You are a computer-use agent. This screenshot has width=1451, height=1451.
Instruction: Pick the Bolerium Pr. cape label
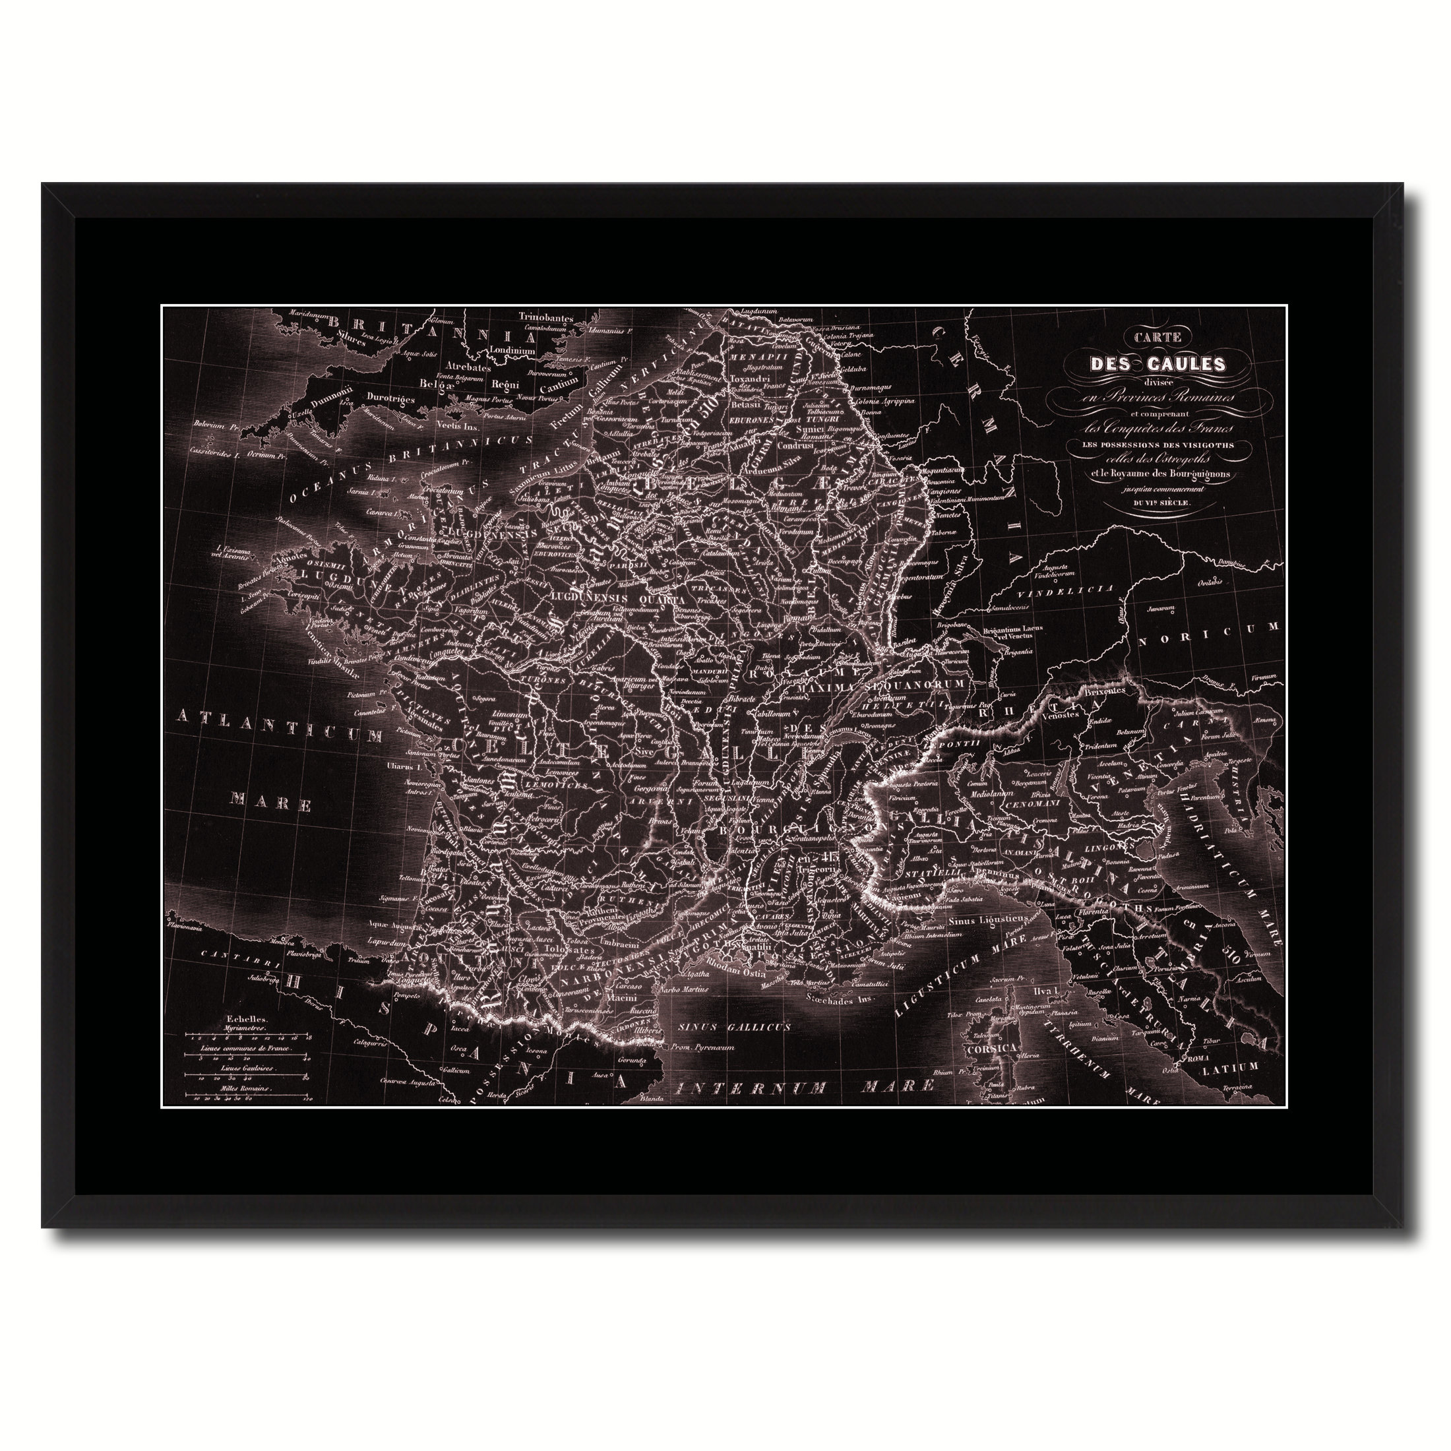pos(212,423)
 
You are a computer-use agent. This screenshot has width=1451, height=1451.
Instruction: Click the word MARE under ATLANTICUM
pos(271,805)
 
